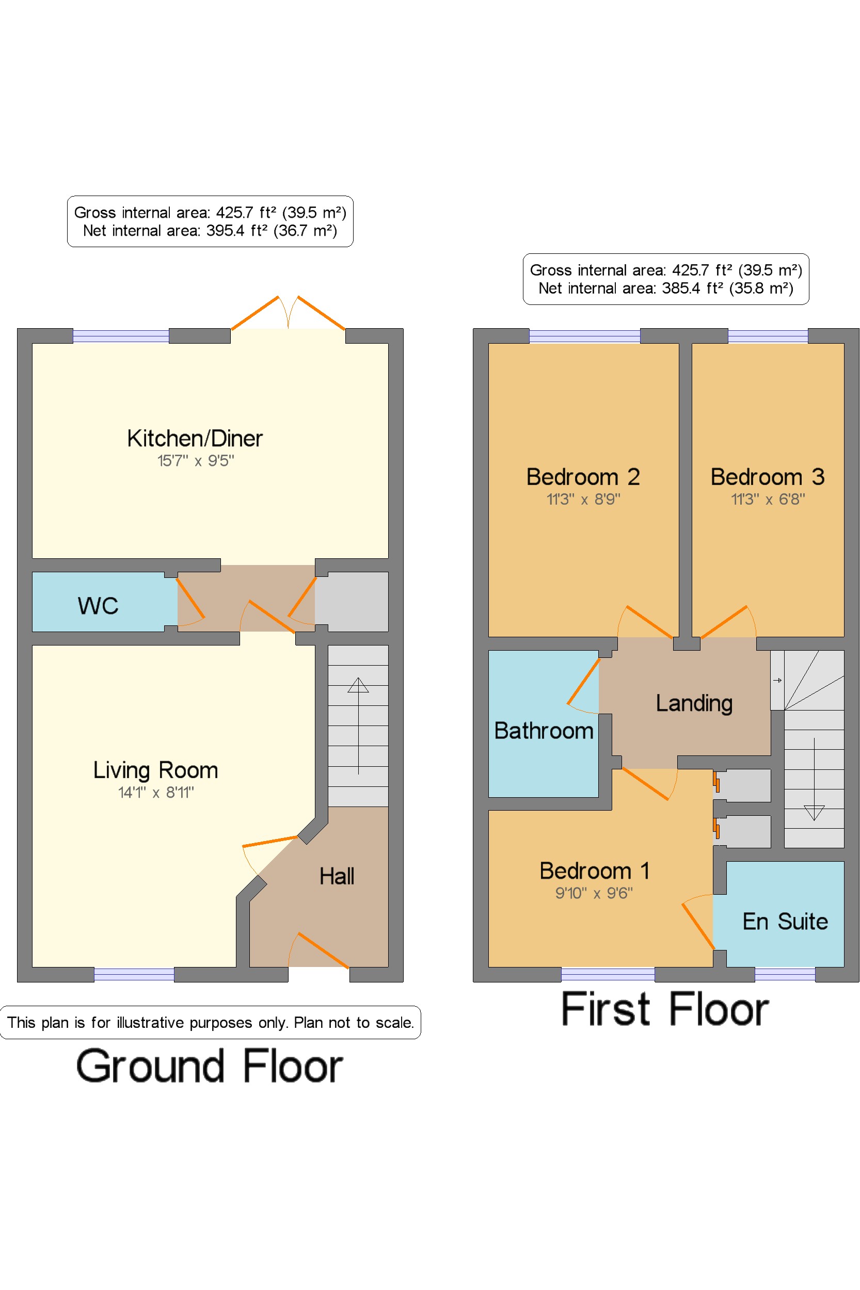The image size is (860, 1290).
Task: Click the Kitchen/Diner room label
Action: pos(195,439)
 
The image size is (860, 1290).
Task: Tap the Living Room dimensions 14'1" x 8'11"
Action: pos(156,792)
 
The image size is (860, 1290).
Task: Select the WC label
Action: pos(98,606)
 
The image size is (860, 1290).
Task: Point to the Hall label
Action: pos(337,876)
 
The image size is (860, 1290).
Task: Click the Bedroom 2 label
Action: pos(583,477)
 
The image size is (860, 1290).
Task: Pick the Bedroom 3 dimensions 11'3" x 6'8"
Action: pos(768,499)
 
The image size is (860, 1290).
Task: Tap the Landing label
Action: pos(694,703)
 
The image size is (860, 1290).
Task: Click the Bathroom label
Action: pos(544,731)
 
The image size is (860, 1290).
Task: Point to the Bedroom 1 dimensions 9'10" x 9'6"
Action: pos(594,893)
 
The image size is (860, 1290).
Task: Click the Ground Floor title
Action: pos(210,1067)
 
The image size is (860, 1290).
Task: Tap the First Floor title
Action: pos(665,1009)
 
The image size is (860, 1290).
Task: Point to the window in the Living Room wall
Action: pos(134,975)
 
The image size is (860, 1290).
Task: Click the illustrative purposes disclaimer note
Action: pos(211,1023)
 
